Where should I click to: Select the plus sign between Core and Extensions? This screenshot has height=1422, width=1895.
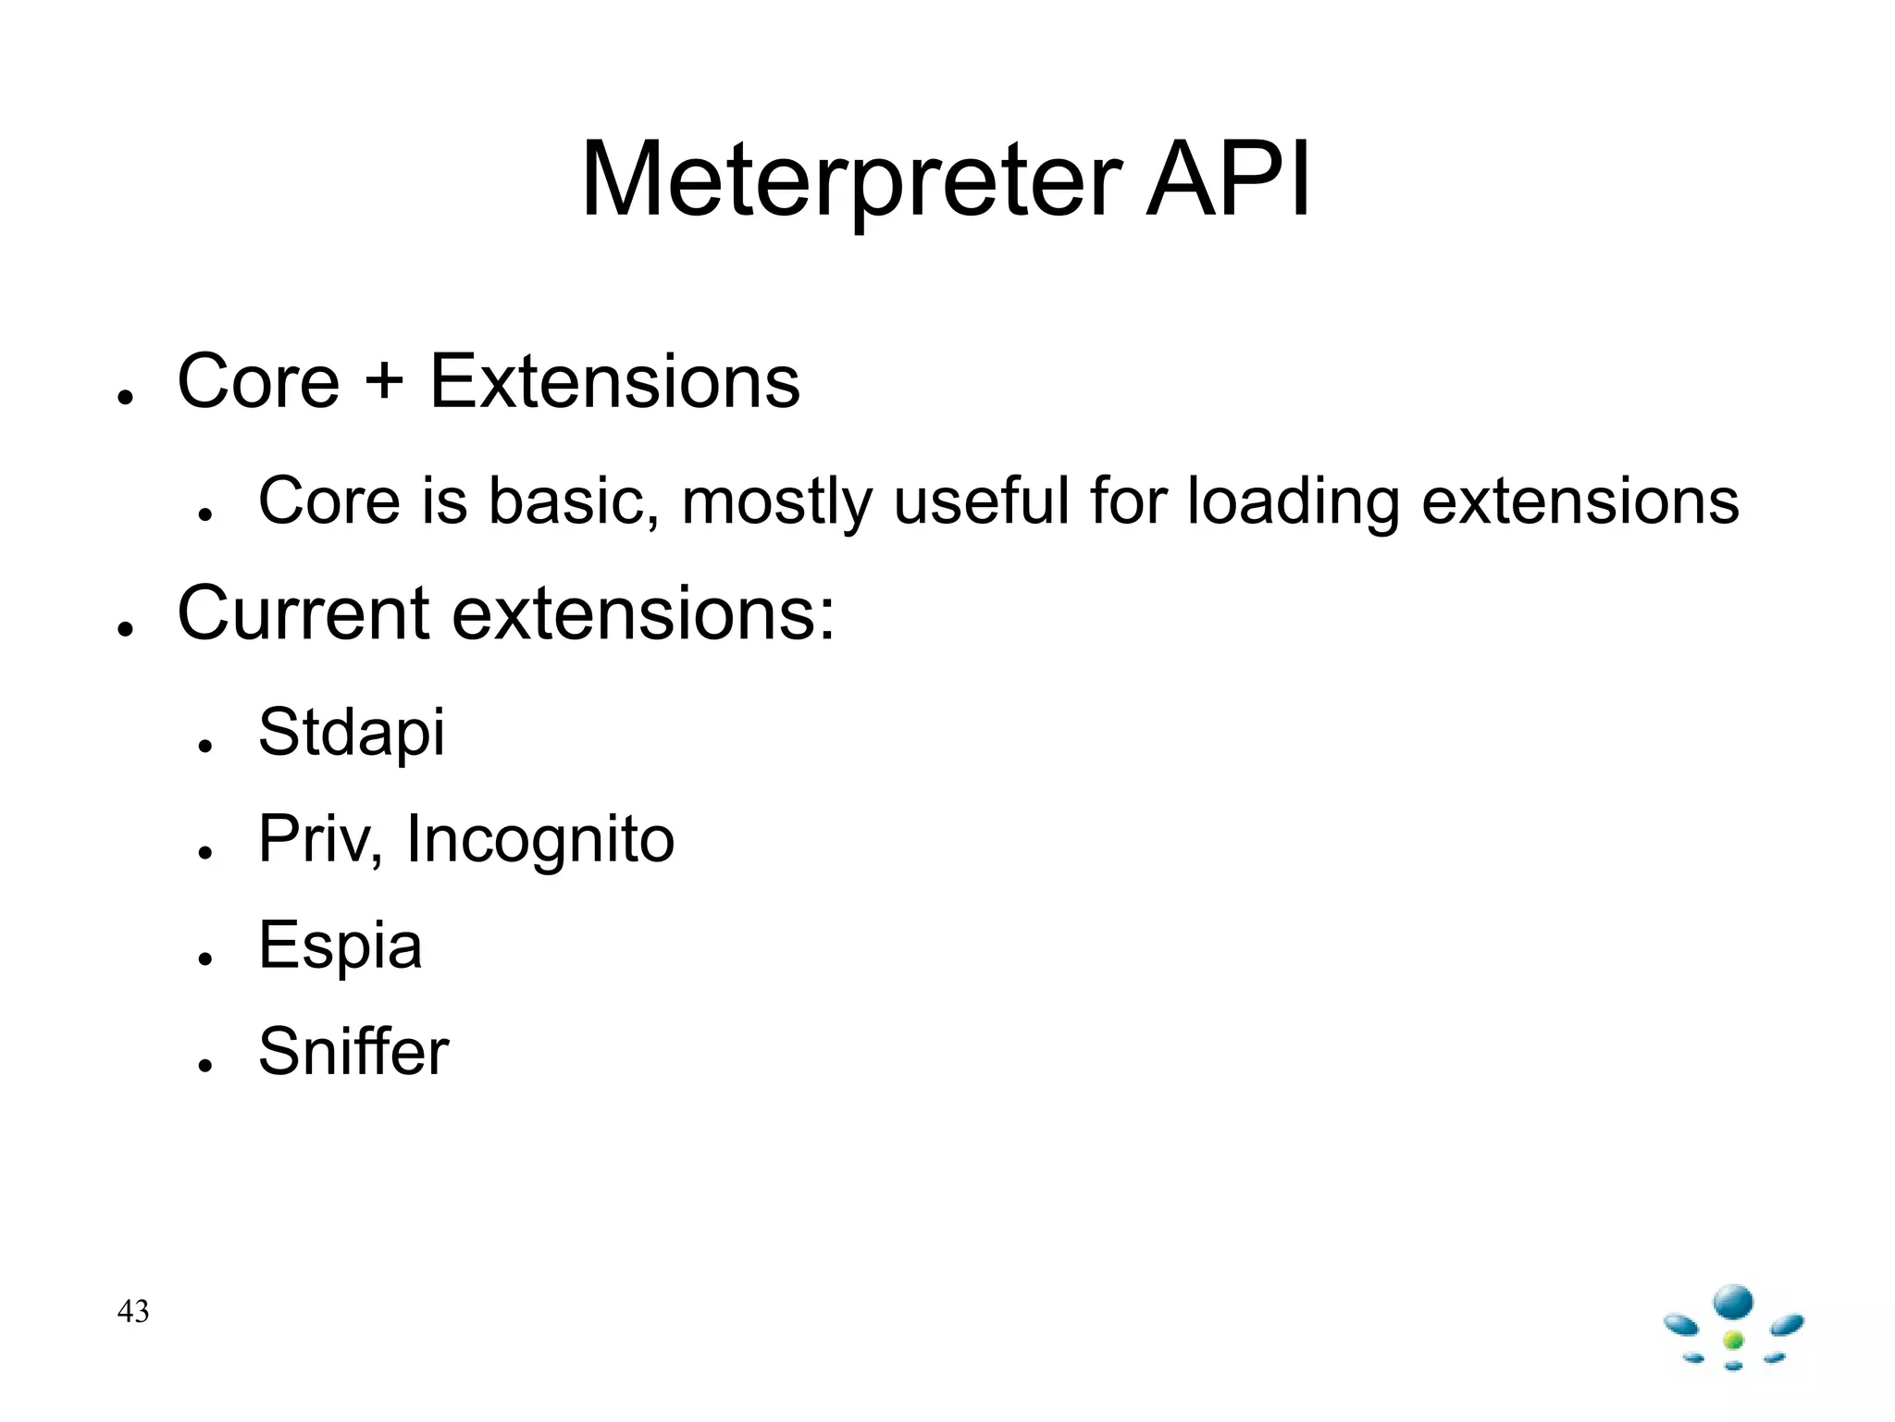point(384,381)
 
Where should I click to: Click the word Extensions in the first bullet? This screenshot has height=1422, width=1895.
point(614,381)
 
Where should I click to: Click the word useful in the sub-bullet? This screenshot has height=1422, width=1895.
point(981,501)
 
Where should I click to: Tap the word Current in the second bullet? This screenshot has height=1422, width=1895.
point(303,613)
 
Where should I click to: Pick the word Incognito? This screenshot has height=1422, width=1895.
point(540,839)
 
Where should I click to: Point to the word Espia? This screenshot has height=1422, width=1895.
point(341,946)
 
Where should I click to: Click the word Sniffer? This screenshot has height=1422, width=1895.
point(353,1051)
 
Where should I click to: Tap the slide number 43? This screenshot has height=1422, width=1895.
point(133,1311)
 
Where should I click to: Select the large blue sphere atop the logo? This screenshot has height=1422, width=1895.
point(1733,1303)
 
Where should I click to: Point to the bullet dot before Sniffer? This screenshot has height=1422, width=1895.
point(205,1065)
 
